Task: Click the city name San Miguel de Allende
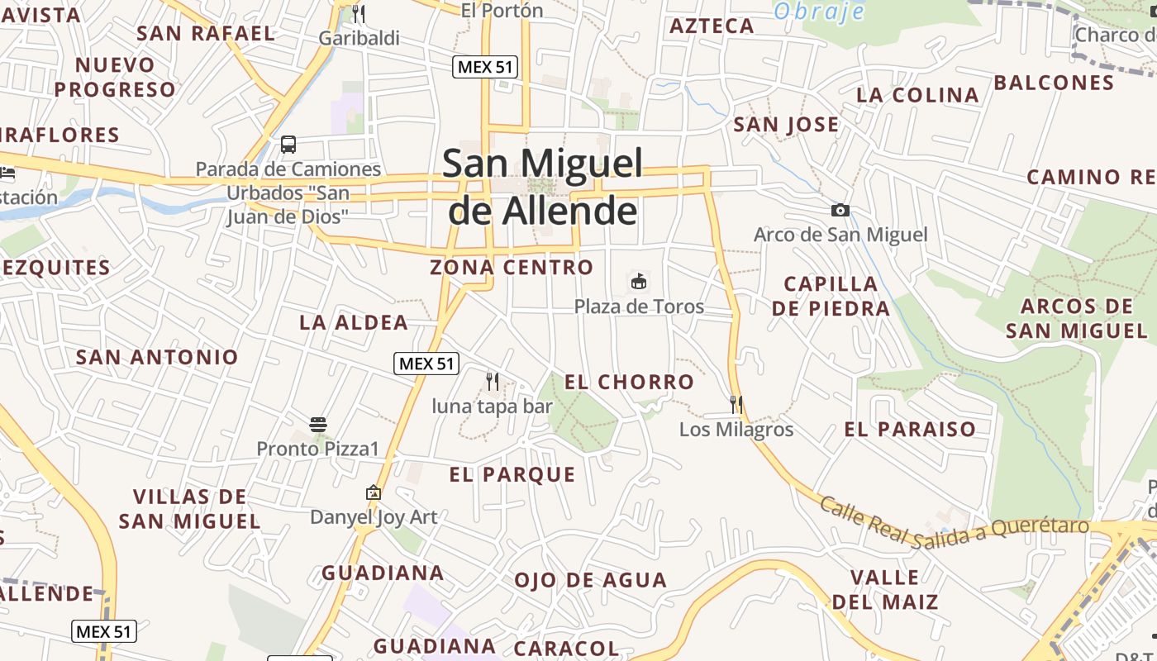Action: point(543,187)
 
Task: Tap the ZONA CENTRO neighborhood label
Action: point(512,267)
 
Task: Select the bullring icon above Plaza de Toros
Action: point(639,282)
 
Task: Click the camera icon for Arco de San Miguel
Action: point(840,210)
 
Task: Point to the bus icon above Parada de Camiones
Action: point(288,145)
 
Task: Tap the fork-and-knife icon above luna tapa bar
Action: point(493,381)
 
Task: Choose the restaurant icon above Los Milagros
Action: point(736,404)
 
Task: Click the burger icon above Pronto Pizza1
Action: point(318,425)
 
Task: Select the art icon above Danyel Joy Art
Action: point(374,492)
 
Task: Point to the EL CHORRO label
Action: point(629,382)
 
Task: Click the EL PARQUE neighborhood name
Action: point(512,474)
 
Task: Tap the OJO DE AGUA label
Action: point(590,580)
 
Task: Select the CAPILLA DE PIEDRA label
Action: point(831,296)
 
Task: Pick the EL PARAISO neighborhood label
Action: point(910,429)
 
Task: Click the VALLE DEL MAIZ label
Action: point(884,589)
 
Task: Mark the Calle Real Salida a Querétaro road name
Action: point(954,523)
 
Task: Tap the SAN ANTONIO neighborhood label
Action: point(157,357)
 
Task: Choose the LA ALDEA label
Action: point(354,322)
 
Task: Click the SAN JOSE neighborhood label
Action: point(786,125)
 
